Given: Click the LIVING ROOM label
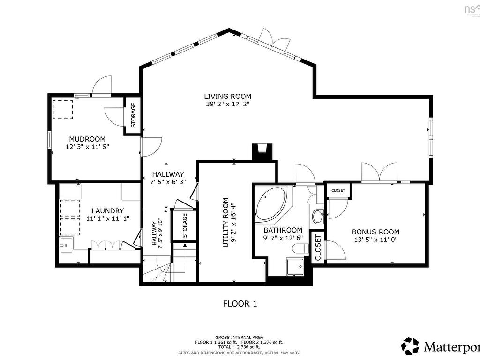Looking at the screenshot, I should click(x=227, y=97).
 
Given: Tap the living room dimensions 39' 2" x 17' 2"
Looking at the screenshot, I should click(x=227, y=105).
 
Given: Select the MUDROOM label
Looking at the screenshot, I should click(x=87, y=139).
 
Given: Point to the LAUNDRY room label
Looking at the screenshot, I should click(x=108, y=211).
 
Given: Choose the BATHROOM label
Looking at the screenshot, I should click(x=283, y=230).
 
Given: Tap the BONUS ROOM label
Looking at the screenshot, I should click(x=376, y=232).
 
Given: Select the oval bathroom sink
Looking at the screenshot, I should click(x=318, y=217).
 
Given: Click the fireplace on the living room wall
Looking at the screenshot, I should click(x=261, y=152).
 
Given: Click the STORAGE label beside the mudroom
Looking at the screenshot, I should click(x=133, y=115).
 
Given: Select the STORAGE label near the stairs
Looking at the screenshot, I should click(x=185, y=225).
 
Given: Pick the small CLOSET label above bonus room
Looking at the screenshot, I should click(x=338, y=190).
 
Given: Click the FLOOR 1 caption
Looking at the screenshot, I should click(x=240, y=304).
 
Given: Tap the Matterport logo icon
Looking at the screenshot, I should click(x=410, y=346).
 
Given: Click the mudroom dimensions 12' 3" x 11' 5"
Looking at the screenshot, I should click(x=87, y=147).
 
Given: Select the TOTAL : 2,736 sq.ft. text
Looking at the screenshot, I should click(x=240, y=347).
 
